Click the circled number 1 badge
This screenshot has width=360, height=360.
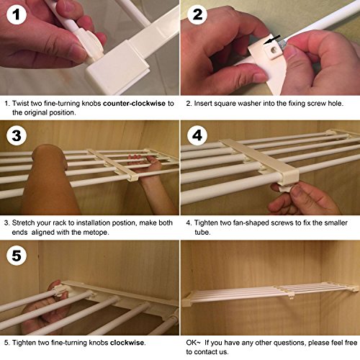[x=17, y=14]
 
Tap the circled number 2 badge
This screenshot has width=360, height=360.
[x=197, y=14]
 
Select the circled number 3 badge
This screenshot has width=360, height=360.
[x=17, y=135]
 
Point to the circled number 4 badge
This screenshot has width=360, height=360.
[x=197, y=135]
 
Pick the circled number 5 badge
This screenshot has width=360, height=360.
[x=17, y=256]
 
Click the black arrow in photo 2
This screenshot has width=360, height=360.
[x=271, y=40]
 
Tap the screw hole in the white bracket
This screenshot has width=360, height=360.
[x=274, y=50]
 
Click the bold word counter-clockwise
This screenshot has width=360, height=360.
[x=134, y=104]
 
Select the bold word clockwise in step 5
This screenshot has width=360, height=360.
[x=127, y=343]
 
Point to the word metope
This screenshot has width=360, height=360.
[x=94, y=233]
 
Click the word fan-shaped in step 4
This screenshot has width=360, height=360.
[x=248, y=223]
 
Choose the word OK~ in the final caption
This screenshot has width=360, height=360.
[x=193, y=343]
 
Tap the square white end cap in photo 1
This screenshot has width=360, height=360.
[x=118, y=67]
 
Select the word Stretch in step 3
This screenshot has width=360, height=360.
[x=24, y=223]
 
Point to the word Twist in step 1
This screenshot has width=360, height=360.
[x=19, y=104]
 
